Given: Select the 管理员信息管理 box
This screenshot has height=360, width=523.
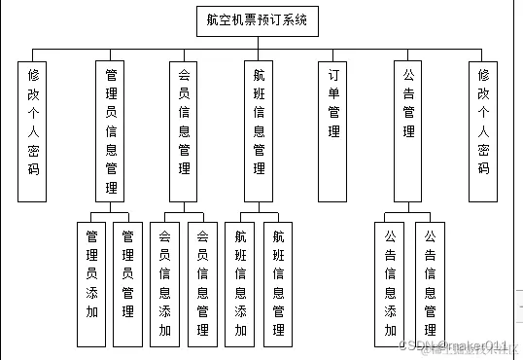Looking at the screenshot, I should pyautogui.click(x=113, y=131).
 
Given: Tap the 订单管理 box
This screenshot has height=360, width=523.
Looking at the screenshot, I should pyautogui.click(x=333, y=131).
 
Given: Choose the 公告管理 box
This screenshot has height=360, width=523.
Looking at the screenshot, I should pyautogui.click(x=409, y=131).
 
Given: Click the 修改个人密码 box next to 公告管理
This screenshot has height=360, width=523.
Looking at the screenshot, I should pyautogui.click(x=483, y=131).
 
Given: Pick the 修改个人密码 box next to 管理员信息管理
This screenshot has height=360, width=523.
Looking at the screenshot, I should pyautogui.click(x=33, y=131).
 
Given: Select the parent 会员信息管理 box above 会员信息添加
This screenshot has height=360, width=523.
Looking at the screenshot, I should pyautogui.click(x=185, y=131).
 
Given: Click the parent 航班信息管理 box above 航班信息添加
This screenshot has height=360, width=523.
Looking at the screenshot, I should pyautogui.click(x=259, y=131).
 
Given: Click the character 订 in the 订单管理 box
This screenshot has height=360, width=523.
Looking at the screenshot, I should pyautogui.click(x=333, y=75).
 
